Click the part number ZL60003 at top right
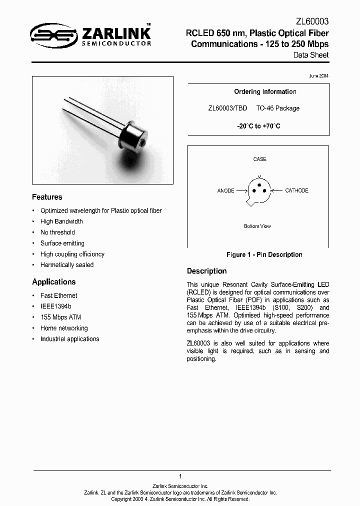(x=312, y=22)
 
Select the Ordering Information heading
(x=265, y=91)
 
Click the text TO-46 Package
(x=277, y=108)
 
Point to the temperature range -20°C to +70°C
(x=258, y=126)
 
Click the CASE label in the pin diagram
(x=259, y=159)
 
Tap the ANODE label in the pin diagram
(x=226, y=190)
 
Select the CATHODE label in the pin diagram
(x=296, y=190)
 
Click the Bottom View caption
(x=257, y=226)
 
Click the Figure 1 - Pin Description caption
(x=264, y=254)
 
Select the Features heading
(x=47, y=197)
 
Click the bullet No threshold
(x=57, y=232)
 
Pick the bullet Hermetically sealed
(x=67, y=264)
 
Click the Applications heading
(x=53, y=281)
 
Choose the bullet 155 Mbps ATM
(x=60, y=317)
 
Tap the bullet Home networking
(x=64, y=328)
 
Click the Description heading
(x=206, y=271)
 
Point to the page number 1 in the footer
(x=180, y=476)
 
